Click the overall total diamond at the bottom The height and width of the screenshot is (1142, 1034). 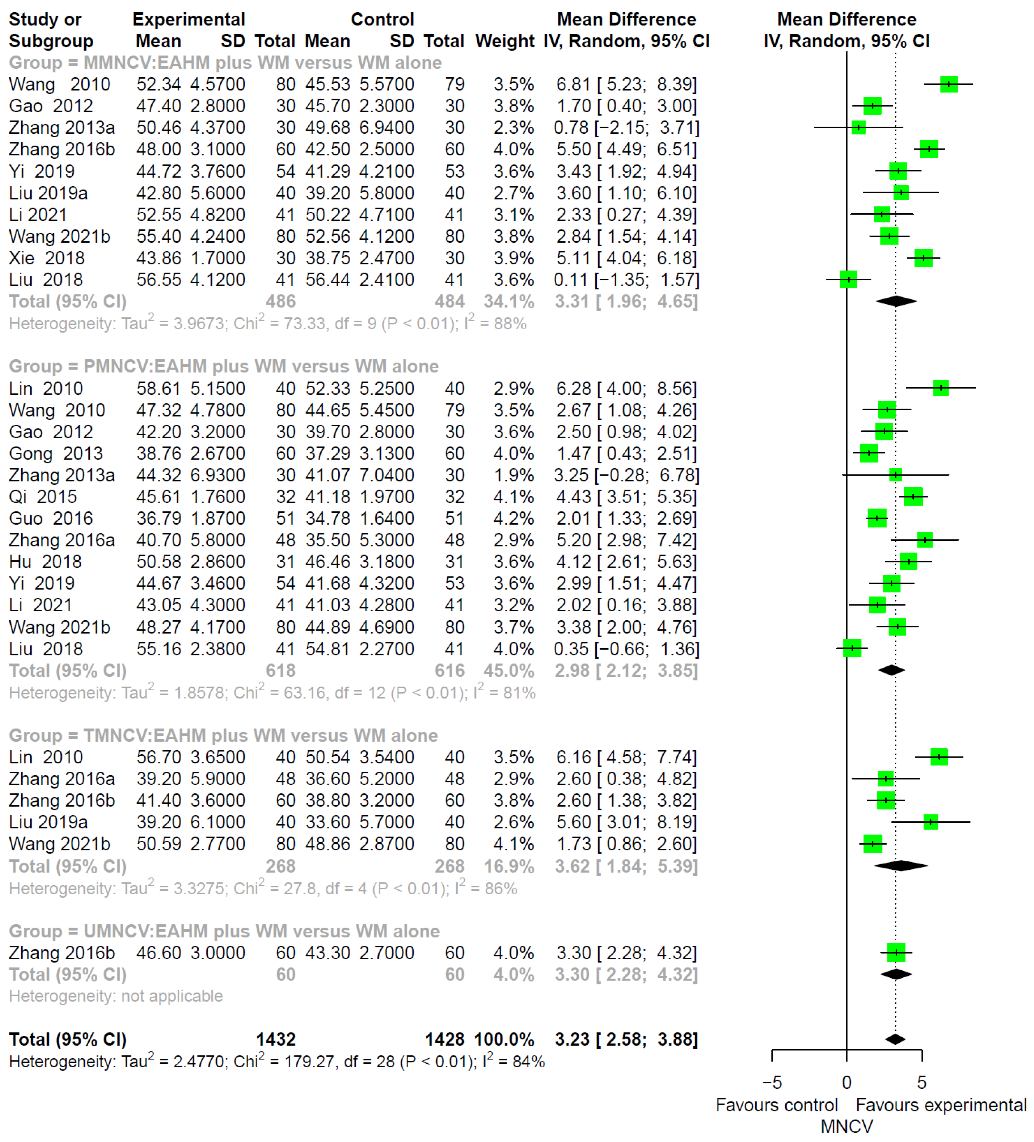click(x=895, y=1039)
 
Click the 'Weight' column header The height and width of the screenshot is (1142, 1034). click(x=504, y=41)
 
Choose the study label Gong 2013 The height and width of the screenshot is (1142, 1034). click(x=55, y=453)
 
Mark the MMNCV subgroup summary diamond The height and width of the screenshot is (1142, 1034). click(x=896, y=301)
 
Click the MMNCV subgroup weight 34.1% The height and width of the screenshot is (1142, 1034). click(x=509, y=301)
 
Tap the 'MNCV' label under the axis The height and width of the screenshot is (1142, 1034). click(x=846, y=1126)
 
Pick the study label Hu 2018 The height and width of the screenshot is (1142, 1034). click(x=45, y=561)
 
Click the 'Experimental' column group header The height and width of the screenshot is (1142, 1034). click(x=189, y=19)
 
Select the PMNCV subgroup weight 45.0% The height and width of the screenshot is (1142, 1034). click(x=509, y=670)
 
